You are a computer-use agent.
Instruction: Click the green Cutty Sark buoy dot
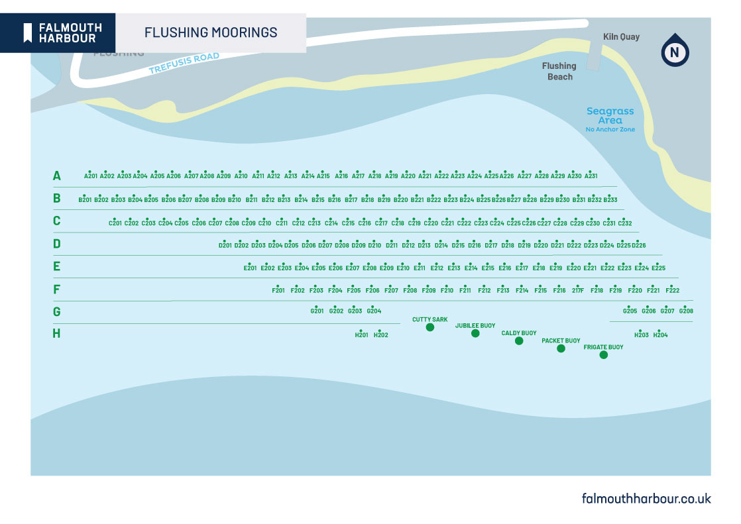tap(430, 327)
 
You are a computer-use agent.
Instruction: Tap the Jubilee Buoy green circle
tap(475, 333)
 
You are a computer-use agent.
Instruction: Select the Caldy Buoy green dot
tap(519, 341)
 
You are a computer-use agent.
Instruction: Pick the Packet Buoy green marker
tap(561, 348)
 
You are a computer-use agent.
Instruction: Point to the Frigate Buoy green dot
tap(603, 355)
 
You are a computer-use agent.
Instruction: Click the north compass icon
tap(675, 51)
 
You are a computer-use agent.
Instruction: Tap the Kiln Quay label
tap(621, 37)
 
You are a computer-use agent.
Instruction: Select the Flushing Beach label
tap(559, 71)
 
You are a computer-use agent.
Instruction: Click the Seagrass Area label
tap(610, 117)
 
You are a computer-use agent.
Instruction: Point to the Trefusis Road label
tap(184, 64)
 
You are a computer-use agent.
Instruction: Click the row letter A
tap(57, 176)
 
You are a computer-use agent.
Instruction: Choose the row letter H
tap(57, 333)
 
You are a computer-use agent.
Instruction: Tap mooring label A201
tap(91, 176)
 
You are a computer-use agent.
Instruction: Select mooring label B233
tap(610, 199)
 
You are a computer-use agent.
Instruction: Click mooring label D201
tap(225, 245)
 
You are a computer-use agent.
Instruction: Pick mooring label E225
tap(658, 268)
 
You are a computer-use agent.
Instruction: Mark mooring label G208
tap(686, 311)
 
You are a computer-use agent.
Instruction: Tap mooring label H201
tap(361, 335)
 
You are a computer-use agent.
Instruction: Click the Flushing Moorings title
tap(211, 32)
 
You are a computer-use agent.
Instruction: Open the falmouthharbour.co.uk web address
tap(646, 498)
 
